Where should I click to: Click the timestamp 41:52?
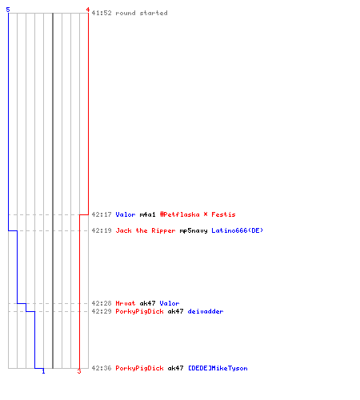(x=102, y=13)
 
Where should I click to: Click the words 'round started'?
(x=142, y=13)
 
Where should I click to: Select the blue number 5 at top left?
(x=8, y=10)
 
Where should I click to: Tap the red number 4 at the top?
(x=88, y=10)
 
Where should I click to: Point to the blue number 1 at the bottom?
(x=43, y=371)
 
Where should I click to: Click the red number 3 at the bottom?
(x=79, y=371)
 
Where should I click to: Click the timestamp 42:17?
(x=102, y=214)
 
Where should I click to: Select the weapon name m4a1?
(x=147, y=214)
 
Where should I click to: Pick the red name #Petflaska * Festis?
(x=198, y=214)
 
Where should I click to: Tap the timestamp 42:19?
(x=102, y=230)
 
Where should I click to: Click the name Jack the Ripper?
(x=146, y=230)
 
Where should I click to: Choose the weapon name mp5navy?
(x=194, y=231)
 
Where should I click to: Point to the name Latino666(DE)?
(x=238, y=230)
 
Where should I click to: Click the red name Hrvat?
(x=126, y=303)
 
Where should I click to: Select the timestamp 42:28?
(x=102, y=303)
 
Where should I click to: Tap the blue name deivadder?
(x=206, y=311)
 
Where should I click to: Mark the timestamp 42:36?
(x=102, y=368)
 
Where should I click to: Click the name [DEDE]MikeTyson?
(x=218, y=368)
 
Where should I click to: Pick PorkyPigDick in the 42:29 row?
(x=139, y=312)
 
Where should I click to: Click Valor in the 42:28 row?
(x=170, y=303)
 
